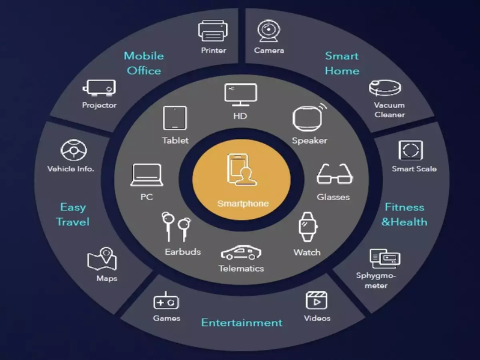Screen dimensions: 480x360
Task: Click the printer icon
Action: (x=213, y=31)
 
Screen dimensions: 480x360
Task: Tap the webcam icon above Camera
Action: (x=269, y=31)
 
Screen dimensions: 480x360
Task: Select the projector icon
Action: (x=99, y=87)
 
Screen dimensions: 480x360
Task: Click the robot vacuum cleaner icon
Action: (x=385, y=88)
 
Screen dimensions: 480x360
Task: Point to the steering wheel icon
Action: (x=73, y=150)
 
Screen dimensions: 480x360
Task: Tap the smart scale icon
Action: (x=410, y=150)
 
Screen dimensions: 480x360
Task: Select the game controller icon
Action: (x=166, y=301)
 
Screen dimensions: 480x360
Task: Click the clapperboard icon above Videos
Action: (x=316, y=301)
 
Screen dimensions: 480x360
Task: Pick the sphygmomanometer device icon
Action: (x=385, y=258)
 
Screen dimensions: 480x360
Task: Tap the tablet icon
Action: (x=175, y=118)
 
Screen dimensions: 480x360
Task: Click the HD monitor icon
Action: (x=241, y=94)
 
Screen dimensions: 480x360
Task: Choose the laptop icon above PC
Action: (x=147, y=175)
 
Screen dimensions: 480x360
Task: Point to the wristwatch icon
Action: (x=308, y=227)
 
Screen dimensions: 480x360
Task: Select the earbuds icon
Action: (x=176, y=227)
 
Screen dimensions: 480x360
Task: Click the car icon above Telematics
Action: (x=242, y=252)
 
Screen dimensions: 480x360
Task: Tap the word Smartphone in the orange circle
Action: (x=243, y=204)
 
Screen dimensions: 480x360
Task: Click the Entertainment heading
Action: (x=242, y=323)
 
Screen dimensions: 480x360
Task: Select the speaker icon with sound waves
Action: (x=309, y=118)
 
